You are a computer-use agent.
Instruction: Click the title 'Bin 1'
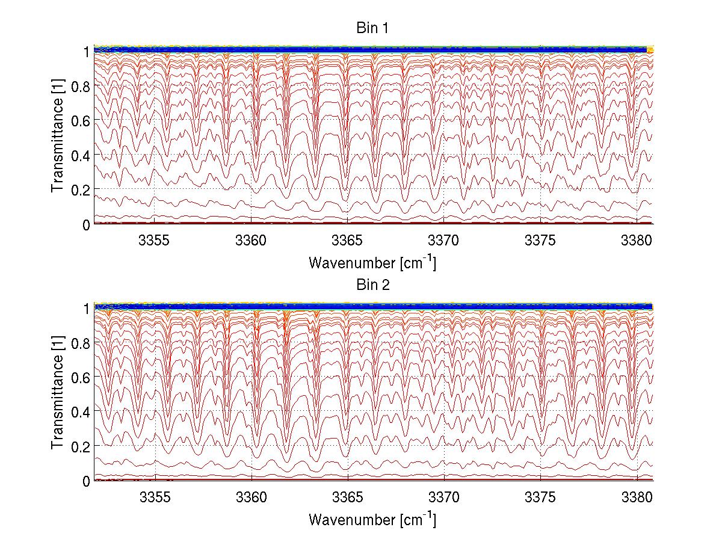[372, 28]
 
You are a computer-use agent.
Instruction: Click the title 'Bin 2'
[372, 285]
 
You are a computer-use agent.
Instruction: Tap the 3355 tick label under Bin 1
[155, 239]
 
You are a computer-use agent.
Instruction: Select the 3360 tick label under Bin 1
[251, 239]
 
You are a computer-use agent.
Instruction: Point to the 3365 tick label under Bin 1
[348, 239]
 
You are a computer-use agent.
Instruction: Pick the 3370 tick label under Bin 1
[444, 239]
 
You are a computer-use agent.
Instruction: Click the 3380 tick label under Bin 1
[637, 239]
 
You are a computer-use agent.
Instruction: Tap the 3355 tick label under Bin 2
[155, 497]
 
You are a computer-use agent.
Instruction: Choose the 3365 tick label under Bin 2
[348, 497]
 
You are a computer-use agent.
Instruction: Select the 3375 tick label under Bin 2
[540, 497]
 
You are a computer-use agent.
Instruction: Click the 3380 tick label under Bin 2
[637, 497]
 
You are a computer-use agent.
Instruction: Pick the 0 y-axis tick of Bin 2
[85, 481]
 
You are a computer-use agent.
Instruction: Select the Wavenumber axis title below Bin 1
[372, 262]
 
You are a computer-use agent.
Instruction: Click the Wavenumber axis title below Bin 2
[372, 519]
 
